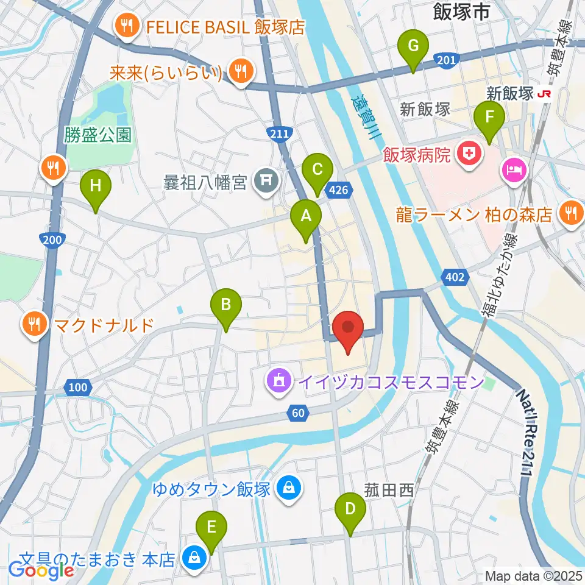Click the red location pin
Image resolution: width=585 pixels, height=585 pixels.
point(348,330)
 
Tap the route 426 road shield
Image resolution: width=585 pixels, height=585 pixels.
point(339,190)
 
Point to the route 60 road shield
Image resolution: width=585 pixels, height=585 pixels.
point(297,414)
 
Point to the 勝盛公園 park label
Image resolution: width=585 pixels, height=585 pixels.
point(98,135)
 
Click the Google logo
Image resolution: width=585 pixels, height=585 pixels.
point(41,570)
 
